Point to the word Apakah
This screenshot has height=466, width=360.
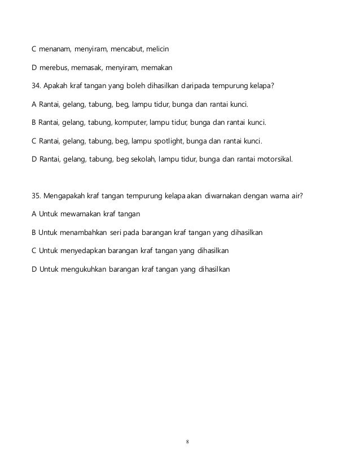[59, 86]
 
